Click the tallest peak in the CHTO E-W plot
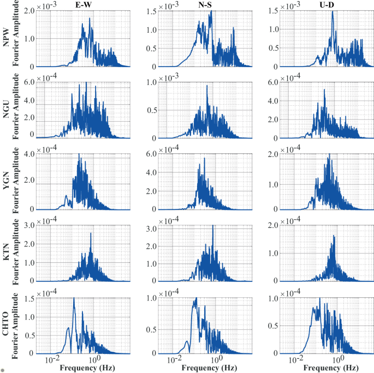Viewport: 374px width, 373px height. [74, 298]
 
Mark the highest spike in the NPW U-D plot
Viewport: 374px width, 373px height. [333, 11]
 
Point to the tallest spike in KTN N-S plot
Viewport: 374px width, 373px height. [212, 225]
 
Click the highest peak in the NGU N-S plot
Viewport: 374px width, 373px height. [207, 86]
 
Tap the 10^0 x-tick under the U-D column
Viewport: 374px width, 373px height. [338, 359]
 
